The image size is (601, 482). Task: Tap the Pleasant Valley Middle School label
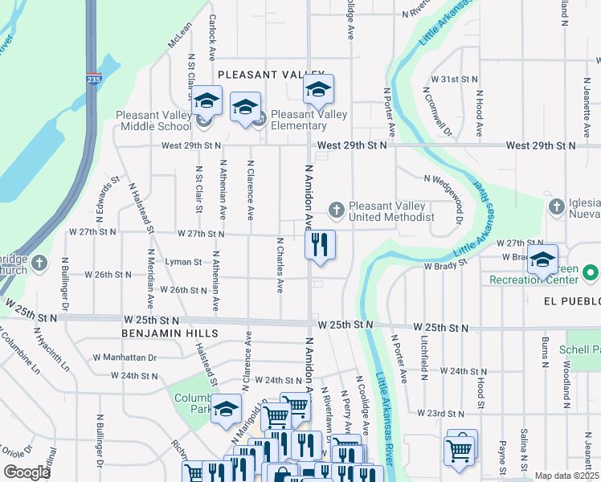pos(153,121)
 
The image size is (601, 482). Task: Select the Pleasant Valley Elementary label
pos(309,120)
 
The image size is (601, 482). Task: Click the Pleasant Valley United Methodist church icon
pos(337,210)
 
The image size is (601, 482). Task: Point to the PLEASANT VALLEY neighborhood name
pos(271,75)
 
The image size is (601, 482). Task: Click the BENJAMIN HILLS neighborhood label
pos(170,333)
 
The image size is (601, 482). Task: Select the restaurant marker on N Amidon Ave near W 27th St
pos(320,244)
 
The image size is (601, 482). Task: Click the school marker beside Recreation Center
pos(543,262)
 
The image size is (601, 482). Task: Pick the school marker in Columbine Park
pos(226,409)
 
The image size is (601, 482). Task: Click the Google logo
pos(27,472)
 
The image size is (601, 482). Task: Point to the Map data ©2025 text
pos(566,476)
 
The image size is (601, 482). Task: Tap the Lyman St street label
pos(183,262)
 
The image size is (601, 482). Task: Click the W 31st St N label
pos(454,80)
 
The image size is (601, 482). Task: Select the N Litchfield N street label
pos(423,355)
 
